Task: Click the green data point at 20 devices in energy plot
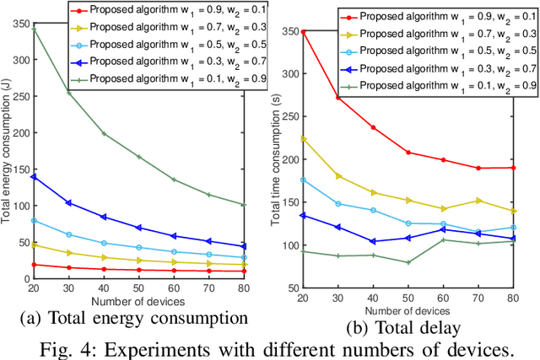[x=34, y=29]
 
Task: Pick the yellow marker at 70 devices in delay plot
[x=479, y=201]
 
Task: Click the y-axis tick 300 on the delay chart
[x=290, y=73]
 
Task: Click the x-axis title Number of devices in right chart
[x=408, y=309]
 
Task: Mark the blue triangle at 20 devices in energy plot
[x=34, y=177]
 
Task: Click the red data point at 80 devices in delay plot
[x=514, y=168]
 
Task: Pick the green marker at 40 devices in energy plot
[x=104, y=133]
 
